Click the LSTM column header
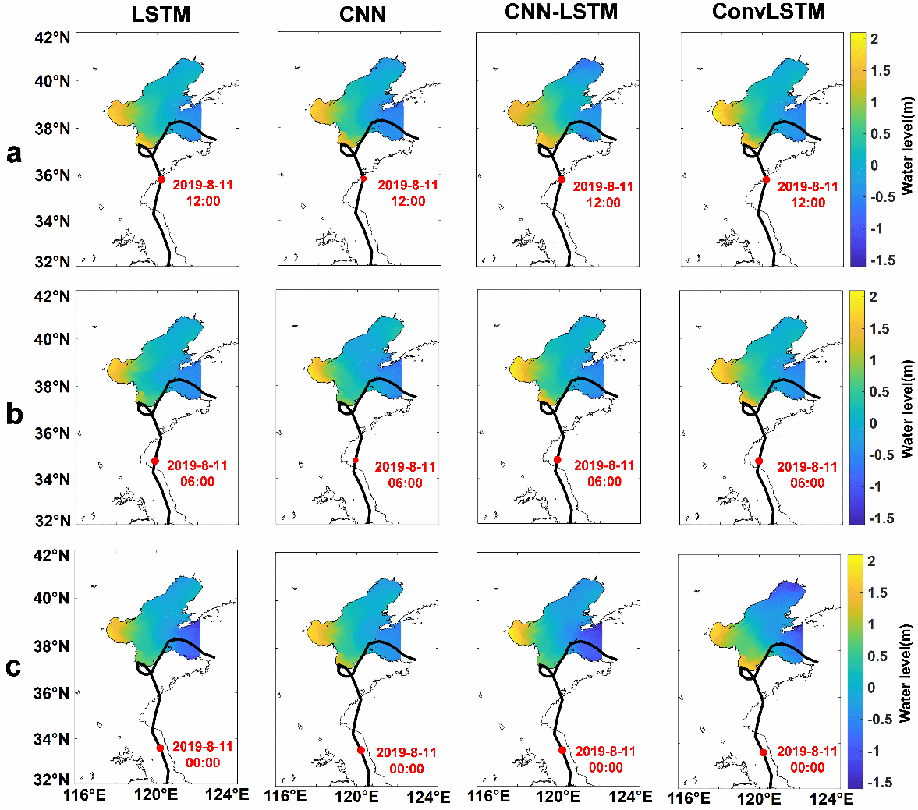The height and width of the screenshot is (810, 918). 161,13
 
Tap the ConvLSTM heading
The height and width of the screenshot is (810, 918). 768,12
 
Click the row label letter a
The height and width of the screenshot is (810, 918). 14,154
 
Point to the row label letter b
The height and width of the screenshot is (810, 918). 14,414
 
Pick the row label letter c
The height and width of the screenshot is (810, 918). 13,667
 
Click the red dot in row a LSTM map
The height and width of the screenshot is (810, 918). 161,179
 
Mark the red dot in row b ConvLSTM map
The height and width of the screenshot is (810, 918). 759,461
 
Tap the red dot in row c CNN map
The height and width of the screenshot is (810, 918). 361,750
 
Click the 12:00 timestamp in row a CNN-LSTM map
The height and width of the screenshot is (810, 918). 603,203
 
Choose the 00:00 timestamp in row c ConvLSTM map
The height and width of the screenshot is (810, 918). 807,767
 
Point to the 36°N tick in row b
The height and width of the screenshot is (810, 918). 52,433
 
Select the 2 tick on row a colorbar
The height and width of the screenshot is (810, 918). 874,39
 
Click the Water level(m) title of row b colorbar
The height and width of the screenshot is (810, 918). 907,409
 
